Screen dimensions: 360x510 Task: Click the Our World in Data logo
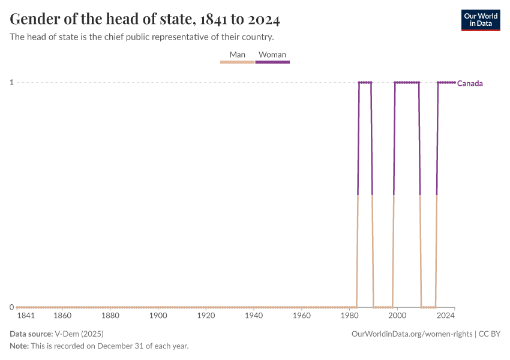point(480,20)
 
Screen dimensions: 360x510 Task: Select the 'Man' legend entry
point(237,55)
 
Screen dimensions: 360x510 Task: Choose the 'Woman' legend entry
point(272,55)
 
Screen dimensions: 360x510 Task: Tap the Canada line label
point(470,83)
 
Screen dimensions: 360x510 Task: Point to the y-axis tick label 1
point(12,82)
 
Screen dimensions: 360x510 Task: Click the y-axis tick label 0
point(12,307)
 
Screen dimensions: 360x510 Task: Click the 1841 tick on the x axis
point(25,316)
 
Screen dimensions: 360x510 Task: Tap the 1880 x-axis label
point(110,316)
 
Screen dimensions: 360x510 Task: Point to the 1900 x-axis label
point(158,316)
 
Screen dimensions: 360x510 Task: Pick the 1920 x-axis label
point(206,316)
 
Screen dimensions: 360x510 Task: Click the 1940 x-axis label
point(254,316)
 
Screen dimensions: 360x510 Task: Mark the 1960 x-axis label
point(302,316)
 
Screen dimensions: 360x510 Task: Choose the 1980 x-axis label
point(350,316)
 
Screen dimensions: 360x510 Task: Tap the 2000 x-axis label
point(397,316)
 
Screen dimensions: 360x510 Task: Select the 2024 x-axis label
point(445,316)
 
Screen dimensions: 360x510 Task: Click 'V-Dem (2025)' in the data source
point(78,334)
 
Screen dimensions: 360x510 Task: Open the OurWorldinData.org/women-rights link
point(412,334)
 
